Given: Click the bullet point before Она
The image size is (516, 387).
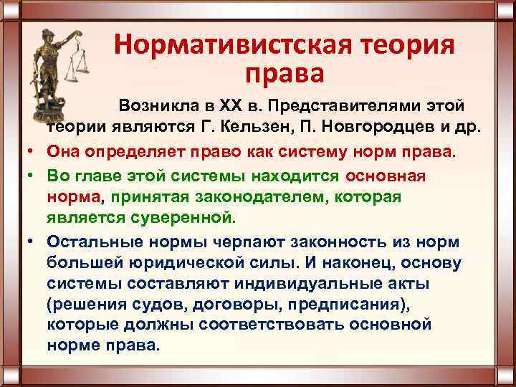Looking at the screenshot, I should [x=34, y=153].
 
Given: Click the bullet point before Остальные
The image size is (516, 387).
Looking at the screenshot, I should [x=34, y=242].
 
